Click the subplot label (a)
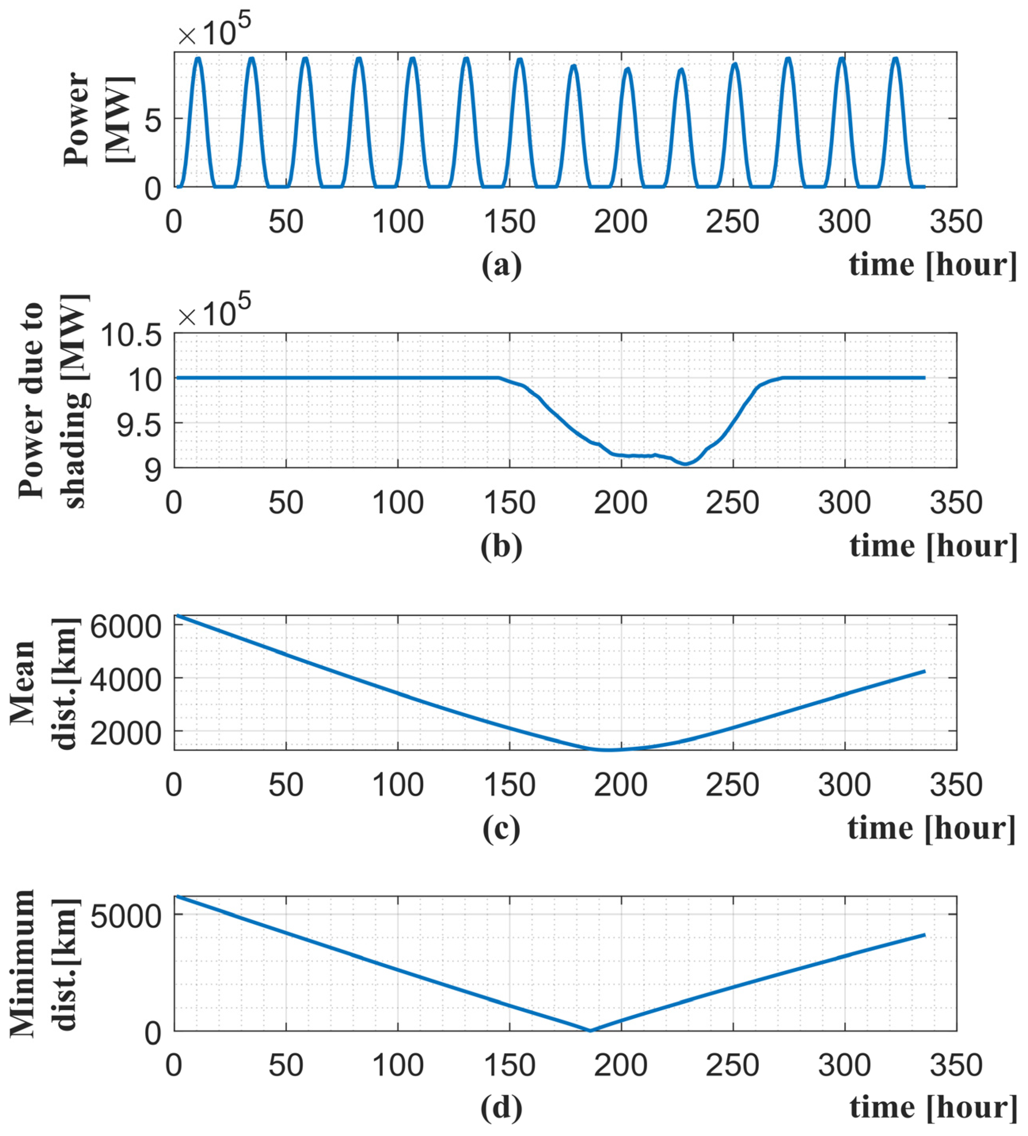tap(501, 265)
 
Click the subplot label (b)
tap(501, 546)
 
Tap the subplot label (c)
tap(501, 828)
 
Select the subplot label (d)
tap(501, 1107)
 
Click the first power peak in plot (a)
tap(198, 58)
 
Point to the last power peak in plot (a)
tap(895, 58)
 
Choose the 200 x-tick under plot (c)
tap(620, 784)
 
